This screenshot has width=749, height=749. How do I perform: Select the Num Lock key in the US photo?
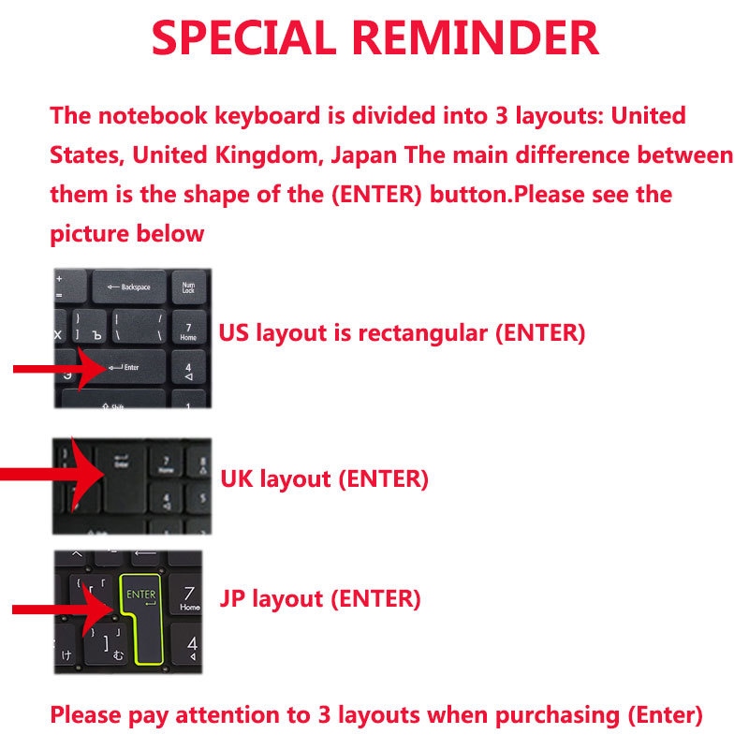coord(188,287)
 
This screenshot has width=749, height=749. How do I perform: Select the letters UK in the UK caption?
coord(236,479)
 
